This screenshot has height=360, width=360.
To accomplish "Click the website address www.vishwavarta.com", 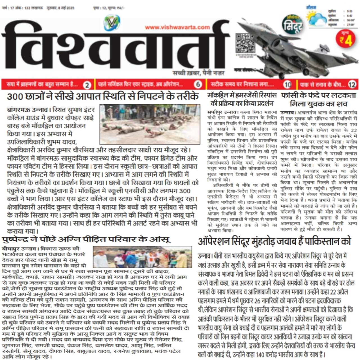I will click(177, 27).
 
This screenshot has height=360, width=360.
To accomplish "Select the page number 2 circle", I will click(87, 84).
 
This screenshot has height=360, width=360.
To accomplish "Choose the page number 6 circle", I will click(198, 84).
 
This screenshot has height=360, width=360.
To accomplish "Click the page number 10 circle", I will click(287, 84).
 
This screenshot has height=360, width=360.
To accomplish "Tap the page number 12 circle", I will click(352, 84).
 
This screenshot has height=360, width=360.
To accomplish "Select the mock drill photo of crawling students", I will click(150, 124).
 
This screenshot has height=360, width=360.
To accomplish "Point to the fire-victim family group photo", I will click(142, 257).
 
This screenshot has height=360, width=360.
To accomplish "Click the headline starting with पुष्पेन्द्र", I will click(86, 240).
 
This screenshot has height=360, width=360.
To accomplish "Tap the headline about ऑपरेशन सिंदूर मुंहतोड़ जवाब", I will click(274, 242).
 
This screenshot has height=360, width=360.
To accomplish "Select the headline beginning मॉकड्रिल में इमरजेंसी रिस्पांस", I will click(242, 99).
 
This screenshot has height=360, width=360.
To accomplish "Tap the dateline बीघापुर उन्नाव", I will click(20, 249).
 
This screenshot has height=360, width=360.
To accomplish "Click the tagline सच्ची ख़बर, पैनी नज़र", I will click(199, 73).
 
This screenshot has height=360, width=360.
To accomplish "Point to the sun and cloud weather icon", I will click(316, 17).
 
